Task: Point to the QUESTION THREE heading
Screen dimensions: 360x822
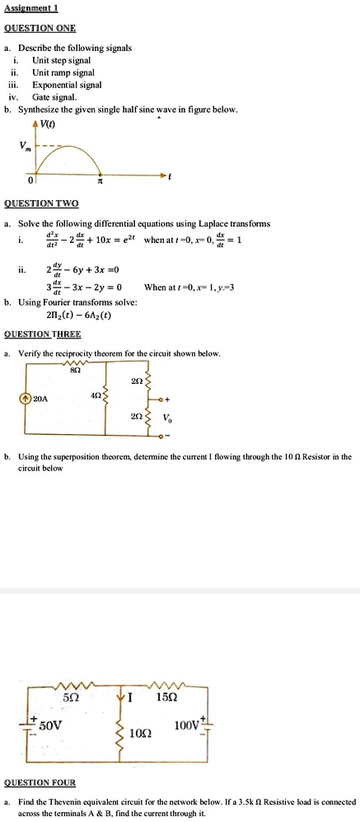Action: tap(43, 334)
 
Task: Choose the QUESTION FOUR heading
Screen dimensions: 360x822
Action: tap(40, 782)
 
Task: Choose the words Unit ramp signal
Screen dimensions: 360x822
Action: tap(63, 72)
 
